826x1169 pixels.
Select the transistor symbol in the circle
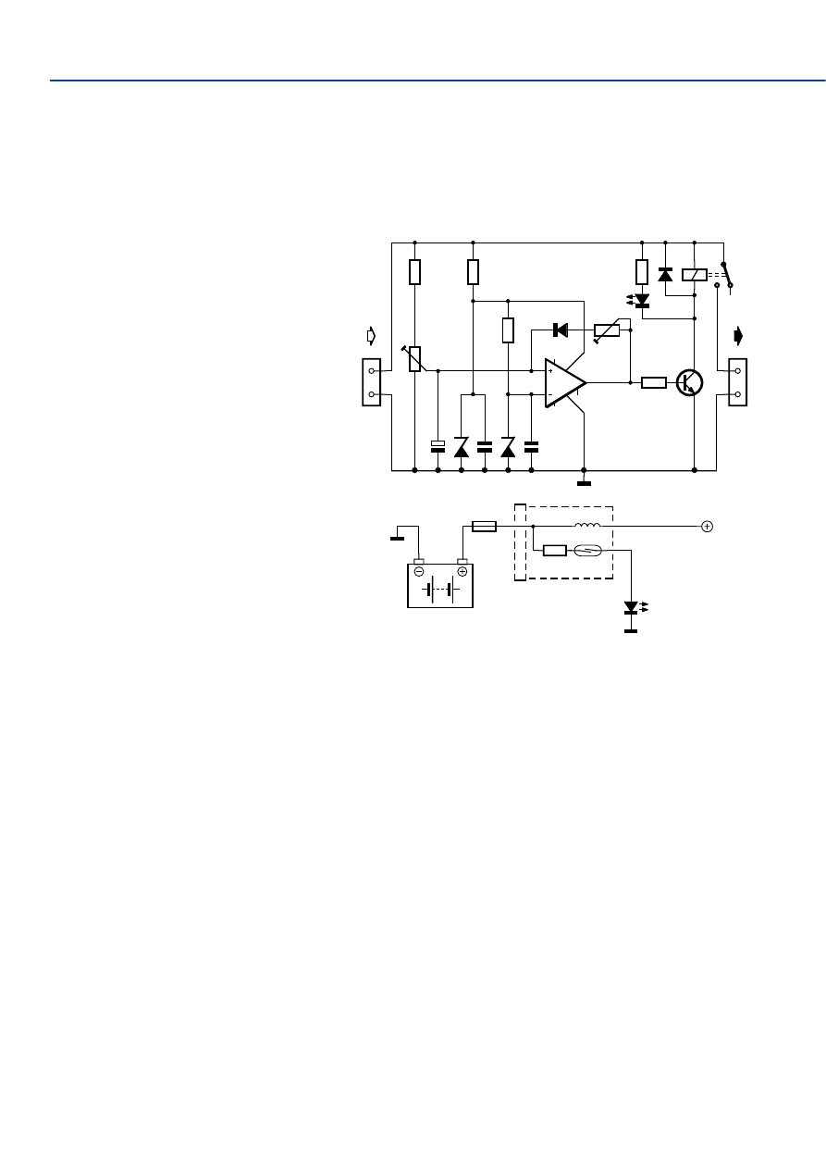[x=689, y=382]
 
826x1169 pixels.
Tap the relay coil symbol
[x=694, y=274]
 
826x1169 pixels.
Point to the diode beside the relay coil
[x=665, y=274]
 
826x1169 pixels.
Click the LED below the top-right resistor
[x=641, y=301]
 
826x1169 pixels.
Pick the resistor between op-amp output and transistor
[x=654, y=382]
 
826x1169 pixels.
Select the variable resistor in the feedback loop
[x=607, y=330]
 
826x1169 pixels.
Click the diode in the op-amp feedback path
[x=560, y=330]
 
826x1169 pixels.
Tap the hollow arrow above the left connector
[x=371, y=334]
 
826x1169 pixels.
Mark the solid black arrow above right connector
[x=737, y=334]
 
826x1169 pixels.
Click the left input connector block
[x=371, y=382]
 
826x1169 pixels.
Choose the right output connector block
[x=737, y=382]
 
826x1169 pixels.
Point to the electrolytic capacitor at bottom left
[x=438, y=447]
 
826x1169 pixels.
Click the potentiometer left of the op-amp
[x=414, y=358]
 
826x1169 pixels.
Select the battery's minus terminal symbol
[x=419, y=571]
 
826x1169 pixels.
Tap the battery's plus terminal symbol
[x=462, y=571]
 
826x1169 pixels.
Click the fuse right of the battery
[x=484, y=527]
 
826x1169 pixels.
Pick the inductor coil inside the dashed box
[x=586, y=526]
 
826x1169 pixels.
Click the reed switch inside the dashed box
[x=588, y=551]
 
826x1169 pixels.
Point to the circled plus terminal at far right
[x=707, y=527]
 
